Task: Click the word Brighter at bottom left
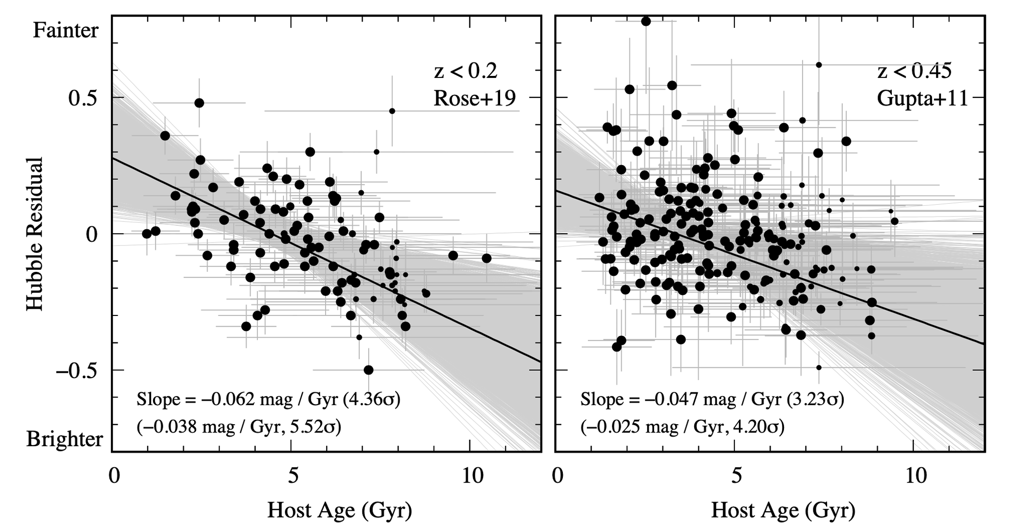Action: (65, 439)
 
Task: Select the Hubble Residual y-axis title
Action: (35, 234)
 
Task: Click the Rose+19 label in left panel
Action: (475, 99)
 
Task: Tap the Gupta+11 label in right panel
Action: (922, 99)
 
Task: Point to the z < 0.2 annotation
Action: (466, 72)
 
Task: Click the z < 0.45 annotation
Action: (914, 72)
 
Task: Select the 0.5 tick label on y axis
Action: (83, 98)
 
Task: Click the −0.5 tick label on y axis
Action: (76, 370)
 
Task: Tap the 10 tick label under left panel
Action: (470, 476)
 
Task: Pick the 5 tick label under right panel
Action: (736, 476)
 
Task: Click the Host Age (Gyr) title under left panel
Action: (339, 510)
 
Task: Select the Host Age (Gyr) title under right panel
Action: (783, 510)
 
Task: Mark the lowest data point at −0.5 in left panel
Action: (369, 370)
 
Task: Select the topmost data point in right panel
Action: (646, 21)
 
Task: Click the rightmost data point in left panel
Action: (486, 258)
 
